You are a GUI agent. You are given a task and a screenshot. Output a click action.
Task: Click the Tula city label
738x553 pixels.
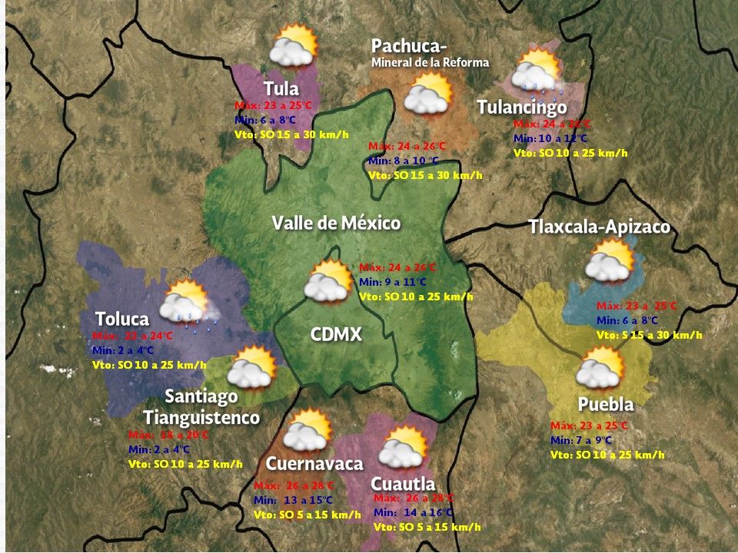tap(281, 88)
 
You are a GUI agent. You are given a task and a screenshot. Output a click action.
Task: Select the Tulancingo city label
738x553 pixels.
tap(521, 107)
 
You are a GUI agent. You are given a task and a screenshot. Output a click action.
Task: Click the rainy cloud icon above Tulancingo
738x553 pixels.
tap(538, 71)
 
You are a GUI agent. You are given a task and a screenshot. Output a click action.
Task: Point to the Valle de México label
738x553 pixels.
tap(336, 224)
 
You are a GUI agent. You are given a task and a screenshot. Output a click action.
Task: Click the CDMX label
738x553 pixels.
tap(336, 334)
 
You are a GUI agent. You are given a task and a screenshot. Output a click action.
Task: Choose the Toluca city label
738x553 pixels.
tap(121, 319)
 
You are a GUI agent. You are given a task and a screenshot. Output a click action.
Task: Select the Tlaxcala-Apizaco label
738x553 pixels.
tap(599, 227)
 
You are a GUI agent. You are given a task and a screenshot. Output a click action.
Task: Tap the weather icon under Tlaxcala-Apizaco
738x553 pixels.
tap(610, 260)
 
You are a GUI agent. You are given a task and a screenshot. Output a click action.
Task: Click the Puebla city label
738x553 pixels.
tap(606, 404)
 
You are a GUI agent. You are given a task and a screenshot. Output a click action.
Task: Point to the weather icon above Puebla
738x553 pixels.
tap(600, 367)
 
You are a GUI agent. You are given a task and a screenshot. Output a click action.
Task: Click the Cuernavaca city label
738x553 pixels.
tap(314, 464)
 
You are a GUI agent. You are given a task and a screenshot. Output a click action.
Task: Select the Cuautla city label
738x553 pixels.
tap(403, 484)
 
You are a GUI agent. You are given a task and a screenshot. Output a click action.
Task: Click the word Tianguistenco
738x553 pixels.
tap(201, 418)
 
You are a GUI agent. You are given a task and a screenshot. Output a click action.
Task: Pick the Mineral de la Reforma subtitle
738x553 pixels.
tap(430, 62)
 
